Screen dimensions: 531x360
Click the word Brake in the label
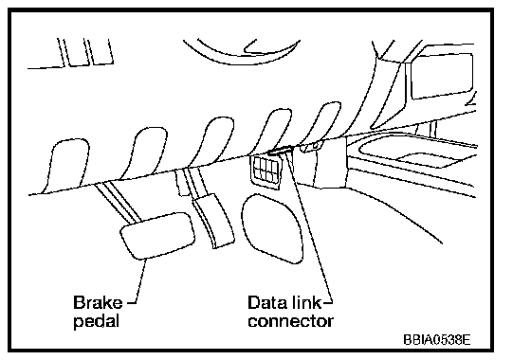98,302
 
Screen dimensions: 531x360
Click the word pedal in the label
97,321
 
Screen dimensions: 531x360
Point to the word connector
290,321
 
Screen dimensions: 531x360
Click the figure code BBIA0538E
436,339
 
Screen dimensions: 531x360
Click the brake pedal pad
157,236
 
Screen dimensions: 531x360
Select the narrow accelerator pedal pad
213,222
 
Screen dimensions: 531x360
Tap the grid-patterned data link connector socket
267,171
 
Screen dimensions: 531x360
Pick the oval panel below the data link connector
272,228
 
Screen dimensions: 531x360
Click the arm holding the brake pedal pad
119,202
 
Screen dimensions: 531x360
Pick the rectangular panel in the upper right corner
441,75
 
